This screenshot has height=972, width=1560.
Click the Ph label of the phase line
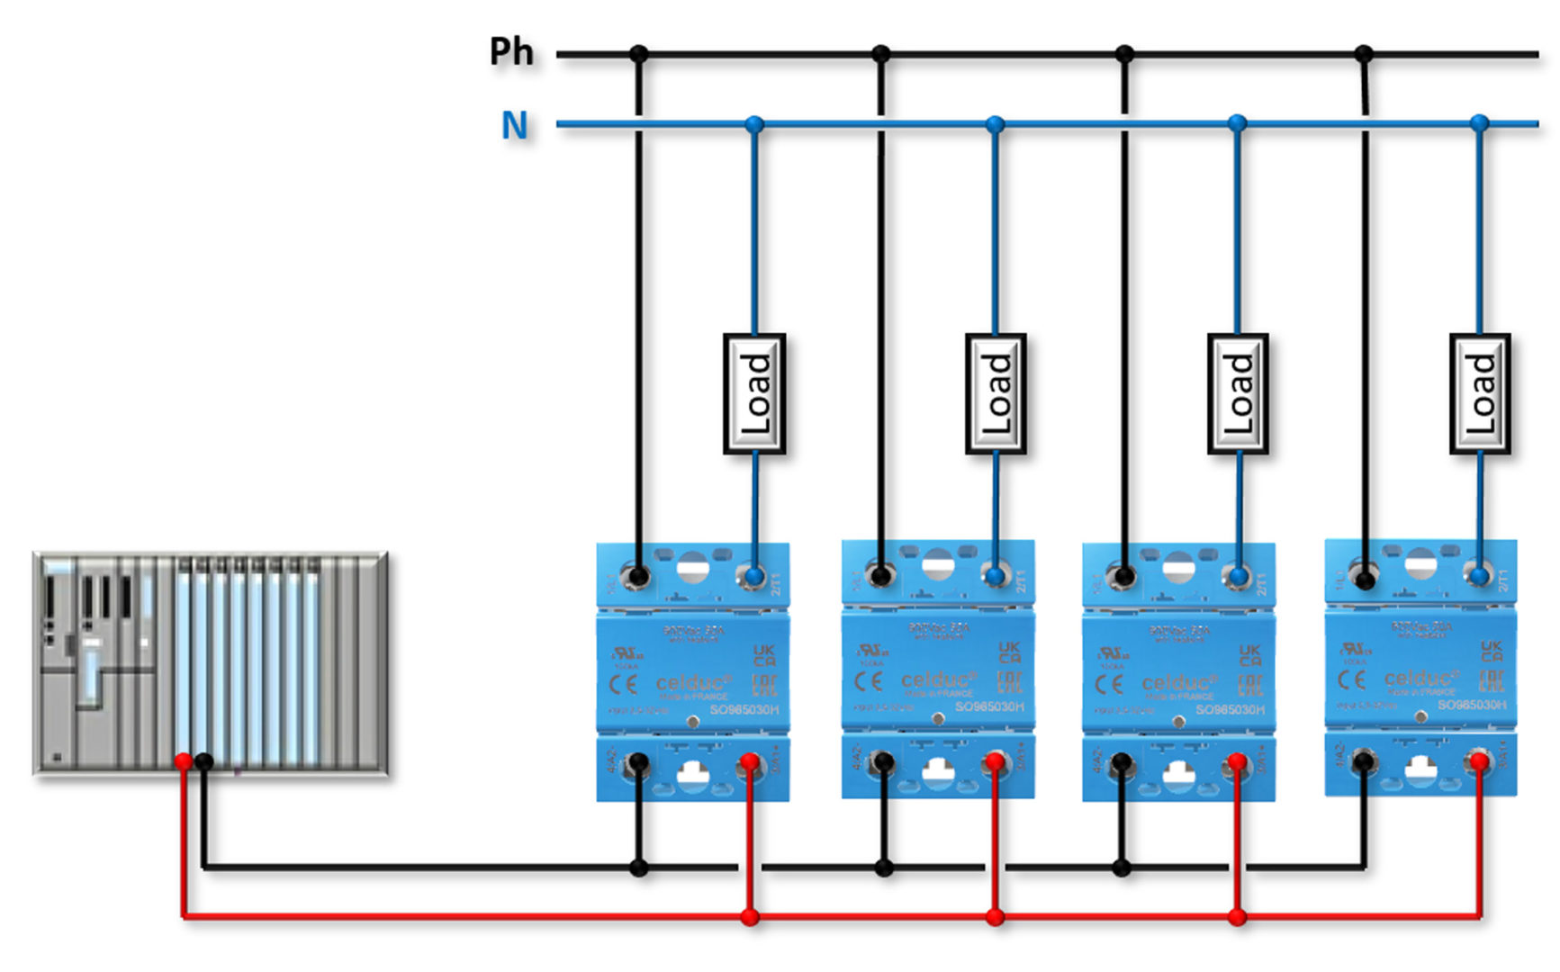511,51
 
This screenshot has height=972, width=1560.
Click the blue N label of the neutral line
514,125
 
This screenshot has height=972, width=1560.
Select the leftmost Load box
754,393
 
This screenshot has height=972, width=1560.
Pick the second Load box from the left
996,393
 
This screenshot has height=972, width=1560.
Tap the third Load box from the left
1238,393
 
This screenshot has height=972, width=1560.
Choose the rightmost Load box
1480,393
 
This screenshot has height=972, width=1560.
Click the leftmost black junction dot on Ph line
638,54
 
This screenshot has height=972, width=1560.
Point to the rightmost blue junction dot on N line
1479,123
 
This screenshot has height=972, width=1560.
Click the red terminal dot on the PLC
184,761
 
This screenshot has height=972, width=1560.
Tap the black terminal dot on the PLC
204,762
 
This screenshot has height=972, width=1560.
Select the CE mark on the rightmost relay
1351,679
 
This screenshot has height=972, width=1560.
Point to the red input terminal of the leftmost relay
749,764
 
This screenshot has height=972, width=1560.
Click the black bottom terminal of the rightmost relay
1364,762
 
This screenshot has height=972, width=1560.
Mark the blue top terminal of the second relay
995,575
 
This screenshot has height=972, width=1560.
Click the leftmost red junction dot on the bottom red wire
750,917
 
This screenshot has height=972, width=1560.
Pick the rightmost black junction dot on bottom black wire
1121,868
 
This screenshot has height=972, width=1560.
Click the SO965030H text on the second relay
989,707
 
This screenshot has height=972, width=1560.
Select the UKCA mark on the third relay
1249,654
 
